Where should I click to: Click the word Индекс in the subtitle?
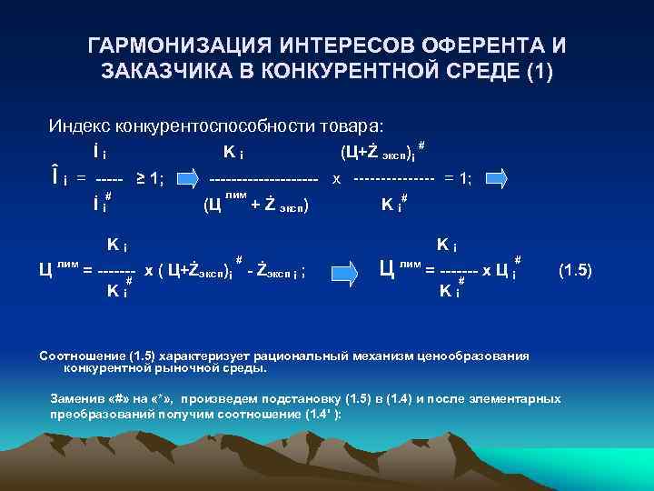tap(78, 125)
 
